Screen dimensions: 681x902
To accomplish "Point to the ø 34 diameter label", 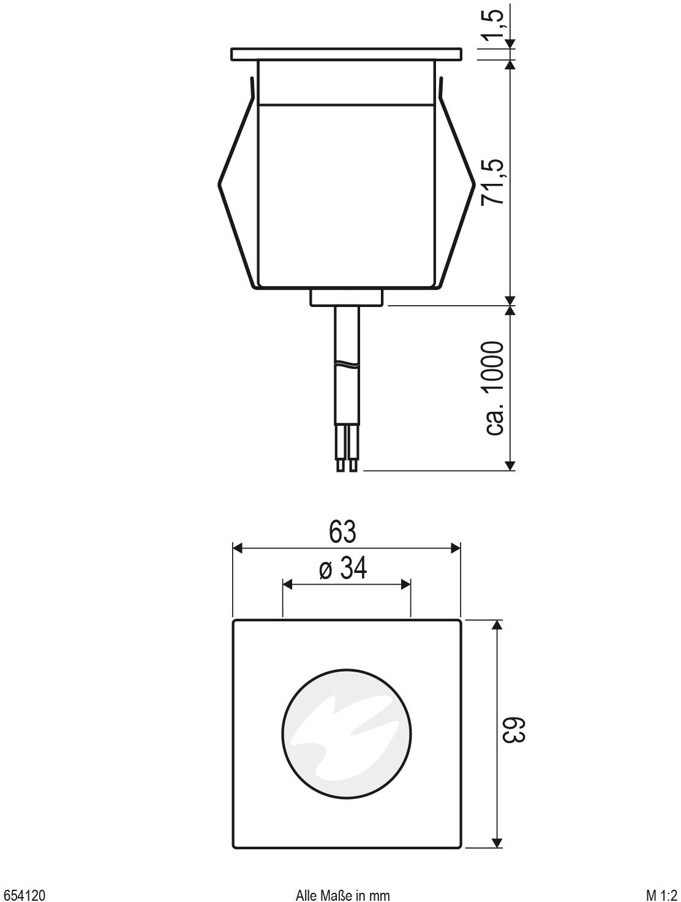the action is [343, 569].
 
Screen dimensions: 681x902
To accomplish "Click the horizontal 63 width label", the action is [342, 531].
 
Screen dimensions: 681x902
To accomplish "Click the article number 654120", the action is [23, 892].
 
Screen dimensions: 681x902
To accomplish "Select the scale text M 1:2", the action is [661, 892].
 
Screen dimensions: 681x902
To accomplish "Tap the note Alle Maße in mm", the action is [342, 892].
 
